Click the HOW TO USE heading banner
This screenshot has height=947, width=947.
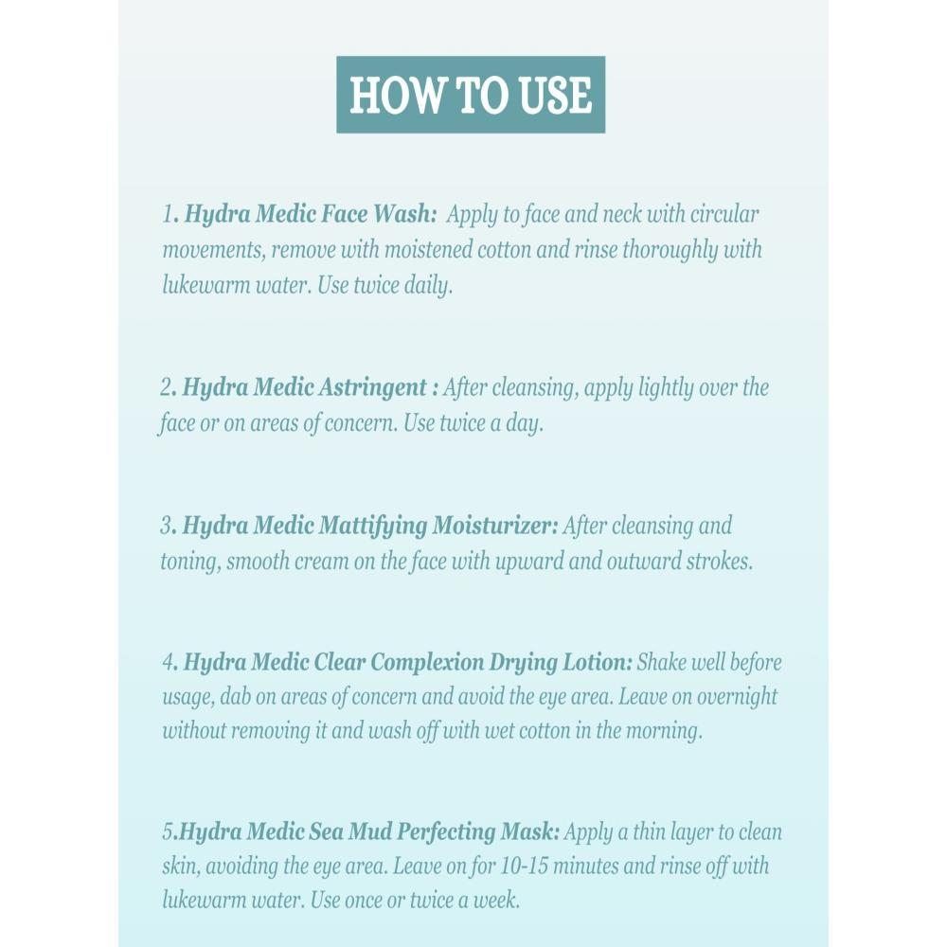[x=471, y=95]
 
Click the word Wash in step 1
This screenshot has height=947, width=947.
[x=404, y=214]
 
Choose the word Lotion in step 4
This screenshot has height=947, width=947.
[x=598, y=663]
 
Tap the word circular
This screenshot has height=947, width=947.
[x=724, y=214]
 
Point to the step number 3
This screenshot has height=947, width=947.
[x=167, y=526]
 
